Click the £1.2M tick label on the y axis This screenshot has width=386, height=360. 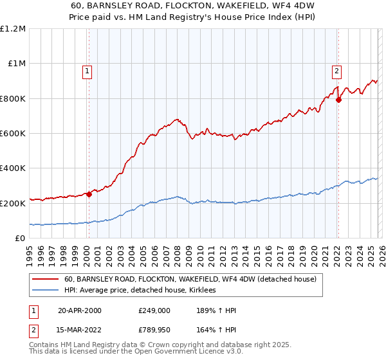click(13, 29)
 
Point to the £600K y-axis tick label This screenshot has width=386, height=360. click(13, 134)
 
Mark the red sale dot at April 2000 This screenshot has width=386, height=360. click(89, 195)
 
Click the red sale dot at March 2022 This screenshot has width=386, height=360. click(338, 100)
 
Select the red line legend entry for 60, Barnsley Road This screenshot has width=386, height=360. click(190, 280)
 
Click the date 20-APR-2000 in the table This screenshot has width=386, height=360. click(80, 310)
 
